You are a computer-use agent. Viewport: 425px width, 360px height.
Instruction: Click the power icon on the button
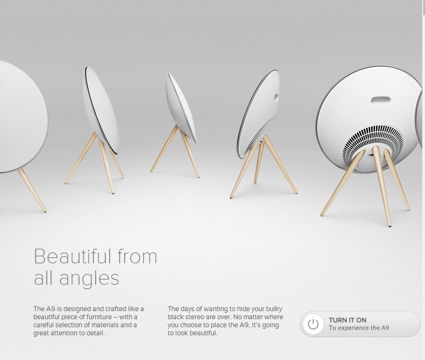click(313, 323)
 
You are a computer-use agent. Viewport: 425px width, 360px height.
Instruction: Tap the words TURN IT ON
click(348, 320)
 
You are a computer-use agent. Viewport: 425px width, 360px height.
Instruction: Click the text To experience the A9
click(359, 328)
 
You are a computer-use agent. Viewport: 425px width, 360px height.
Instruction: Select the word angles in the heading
click(89, 278)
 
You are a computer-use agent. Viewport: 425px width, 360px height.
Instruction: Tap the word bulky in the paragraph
click(274, 309)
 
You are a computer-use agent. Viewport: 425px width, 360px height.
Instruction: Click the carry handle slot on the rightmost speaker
click(381, 101)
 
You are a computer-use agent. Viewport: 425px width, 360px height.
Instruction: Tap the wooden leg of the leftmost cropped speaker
click(32, 190)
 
